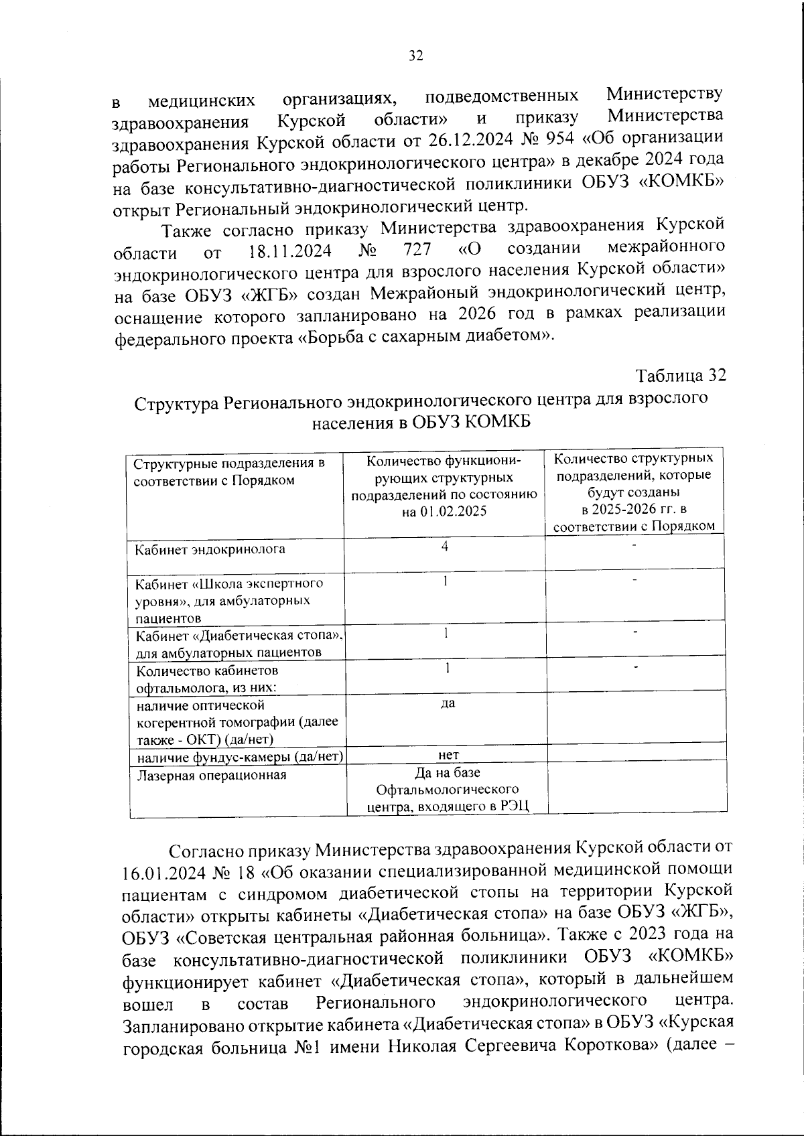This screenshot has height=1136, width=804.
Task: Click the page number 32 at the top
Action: pyautogui.click(x=415, y=56)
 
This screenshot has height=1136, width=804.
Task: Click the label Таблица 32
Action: pyautogui.click(x=681, y=376)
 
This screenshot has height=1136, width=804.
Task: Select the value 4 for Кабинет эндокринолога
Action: pyautogui.click(x=444, y=547)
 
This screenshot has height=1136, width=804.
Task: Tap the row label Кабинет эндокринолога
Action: pyautogui.click(x=210, y=550)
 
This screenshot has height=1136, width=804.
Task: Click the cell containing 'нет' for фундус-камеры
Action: pyautogui.click(x=448, y=755)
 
